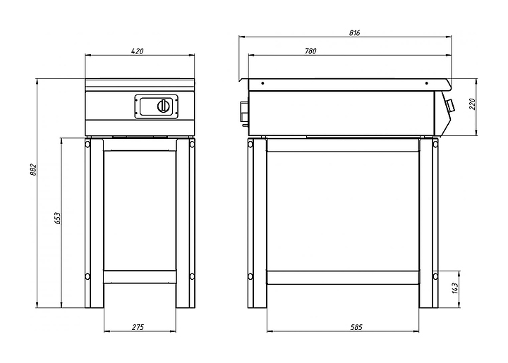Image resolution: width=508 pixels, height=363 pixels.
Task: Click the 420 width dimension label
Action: [137, 51]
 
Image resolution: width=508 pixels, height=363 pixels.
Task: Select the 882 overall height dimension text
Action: [33, 170]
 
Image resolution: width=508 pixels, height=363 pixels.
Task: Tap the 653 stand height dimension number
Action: [57, 219]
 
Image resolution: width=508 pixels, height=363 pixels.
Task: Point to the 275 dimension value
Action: [138, 327]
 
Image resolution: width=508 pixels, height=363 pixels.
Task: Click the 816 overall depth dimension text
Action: [354, 32]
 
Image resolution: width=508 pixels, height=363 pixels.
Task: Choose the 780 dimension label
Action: [310, 51]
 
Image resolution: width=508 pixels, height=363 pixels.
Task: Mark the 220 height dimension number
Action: [472, 104]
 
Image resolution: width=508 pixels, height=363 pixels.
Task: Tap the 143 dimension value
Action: [455, 288]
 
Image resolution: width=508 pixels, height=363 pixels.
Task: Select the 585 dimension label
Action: [356, 327]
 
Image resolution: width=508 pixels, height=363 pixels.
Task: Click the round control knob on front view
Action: [163, 106]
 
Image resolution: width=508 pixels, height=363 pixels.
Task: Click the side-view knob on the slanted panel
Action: [449, 105]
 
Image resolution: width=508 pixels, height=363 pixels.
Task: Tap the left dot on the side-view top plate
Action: [262, 83]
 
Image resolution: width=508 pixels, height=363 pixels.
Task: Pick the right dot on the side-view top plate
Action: [427, 83]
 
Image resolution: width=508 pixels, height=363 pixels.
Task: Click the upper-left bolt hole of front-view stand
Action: [87, 143]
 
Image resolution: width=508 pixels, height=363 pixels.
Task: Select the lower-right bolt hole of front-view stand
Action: [192, 276]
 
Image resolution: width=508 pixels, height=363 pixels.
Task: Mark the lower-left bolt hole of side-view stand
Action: [250, 276]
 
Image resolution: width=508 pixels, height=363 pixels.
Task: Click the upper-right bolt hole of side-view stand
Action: [435, 143]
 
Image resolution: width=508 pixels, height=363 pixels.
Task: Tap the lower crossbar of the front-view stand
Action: [140, 277]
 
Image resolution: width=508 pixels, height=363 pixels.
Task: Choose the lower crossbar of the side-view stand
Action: [343, 278]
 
